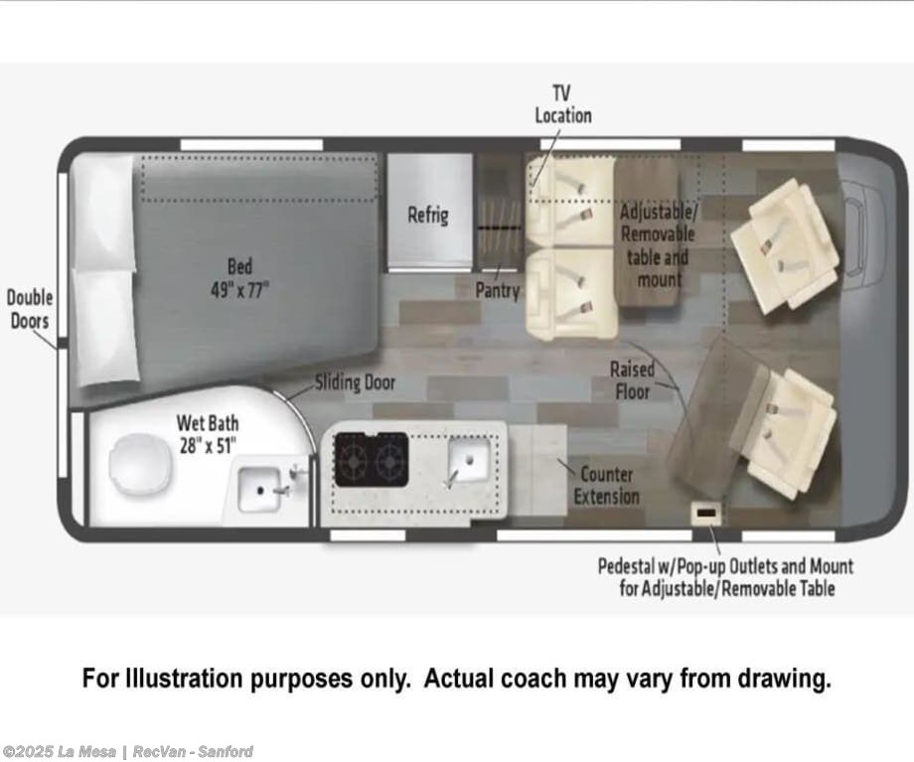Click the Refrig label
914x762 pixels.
coord(428,215)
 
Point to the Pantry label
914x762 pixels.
coord(497,290)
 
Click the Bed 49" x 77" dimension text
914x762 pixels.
coord(239,278)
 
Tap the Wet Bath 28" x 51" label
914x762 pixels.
coord(208,434)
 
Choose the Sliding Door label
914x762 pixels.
coord(355,382)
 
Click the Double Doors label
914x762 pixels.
coord(29,309)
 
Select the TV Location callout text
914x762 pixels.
coord(562,104)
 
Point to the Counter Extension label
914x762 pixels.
coord(606,485)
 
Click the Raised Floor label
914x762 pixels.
coord(632,381)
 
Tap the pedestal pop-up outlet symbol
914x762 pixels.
coord(706,513)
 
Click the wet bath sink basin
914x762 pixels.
coord(259,490)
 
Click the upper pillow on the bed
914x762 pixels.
coord(103,212)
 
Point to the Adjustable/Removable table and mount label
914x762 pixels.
coord(658,245)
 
